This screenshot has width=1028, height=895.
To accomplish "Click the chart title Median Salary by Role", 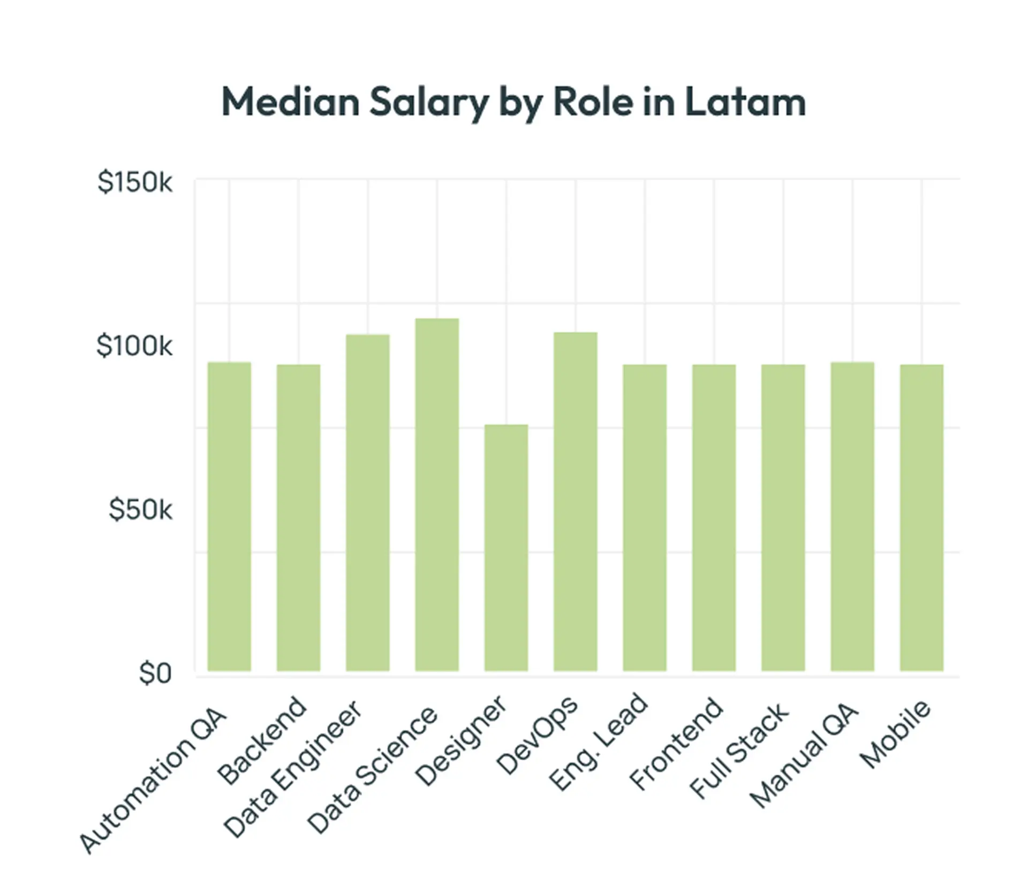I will coord(513,102).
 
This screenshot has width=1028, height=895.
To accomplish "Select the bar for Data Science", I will coord(437,495).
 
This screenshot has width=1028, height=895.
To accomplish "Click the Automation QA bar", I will coord(229,516).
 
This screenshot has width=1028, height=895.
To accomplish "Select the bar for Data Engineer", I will coord(368,503).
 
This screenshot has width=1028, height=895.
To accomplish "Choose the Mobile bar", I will coord(921,517).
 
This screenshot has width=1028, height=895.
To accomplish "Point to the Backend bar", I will coord(298,517).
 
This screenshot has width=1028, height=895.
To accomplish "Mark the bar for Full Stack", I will coord(783,517).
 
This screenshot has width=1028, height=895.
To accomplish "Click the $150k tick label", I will coord(134,182).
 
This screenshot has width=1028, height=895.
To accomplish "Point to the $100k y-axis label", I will coord(134,346).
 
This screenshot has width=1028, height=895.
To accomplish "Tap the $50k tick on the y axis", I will coord(140,509).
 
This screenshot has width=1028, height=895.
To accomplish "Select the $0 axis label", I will coord(155,673).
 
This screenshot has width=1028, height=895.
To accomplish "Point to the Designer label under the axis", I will coord(460,740).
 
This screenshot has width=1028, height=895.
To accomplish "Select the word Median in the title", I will coord(290,102).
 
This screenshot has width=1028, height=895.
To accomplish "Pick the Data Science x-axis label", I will coord(372,770).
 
